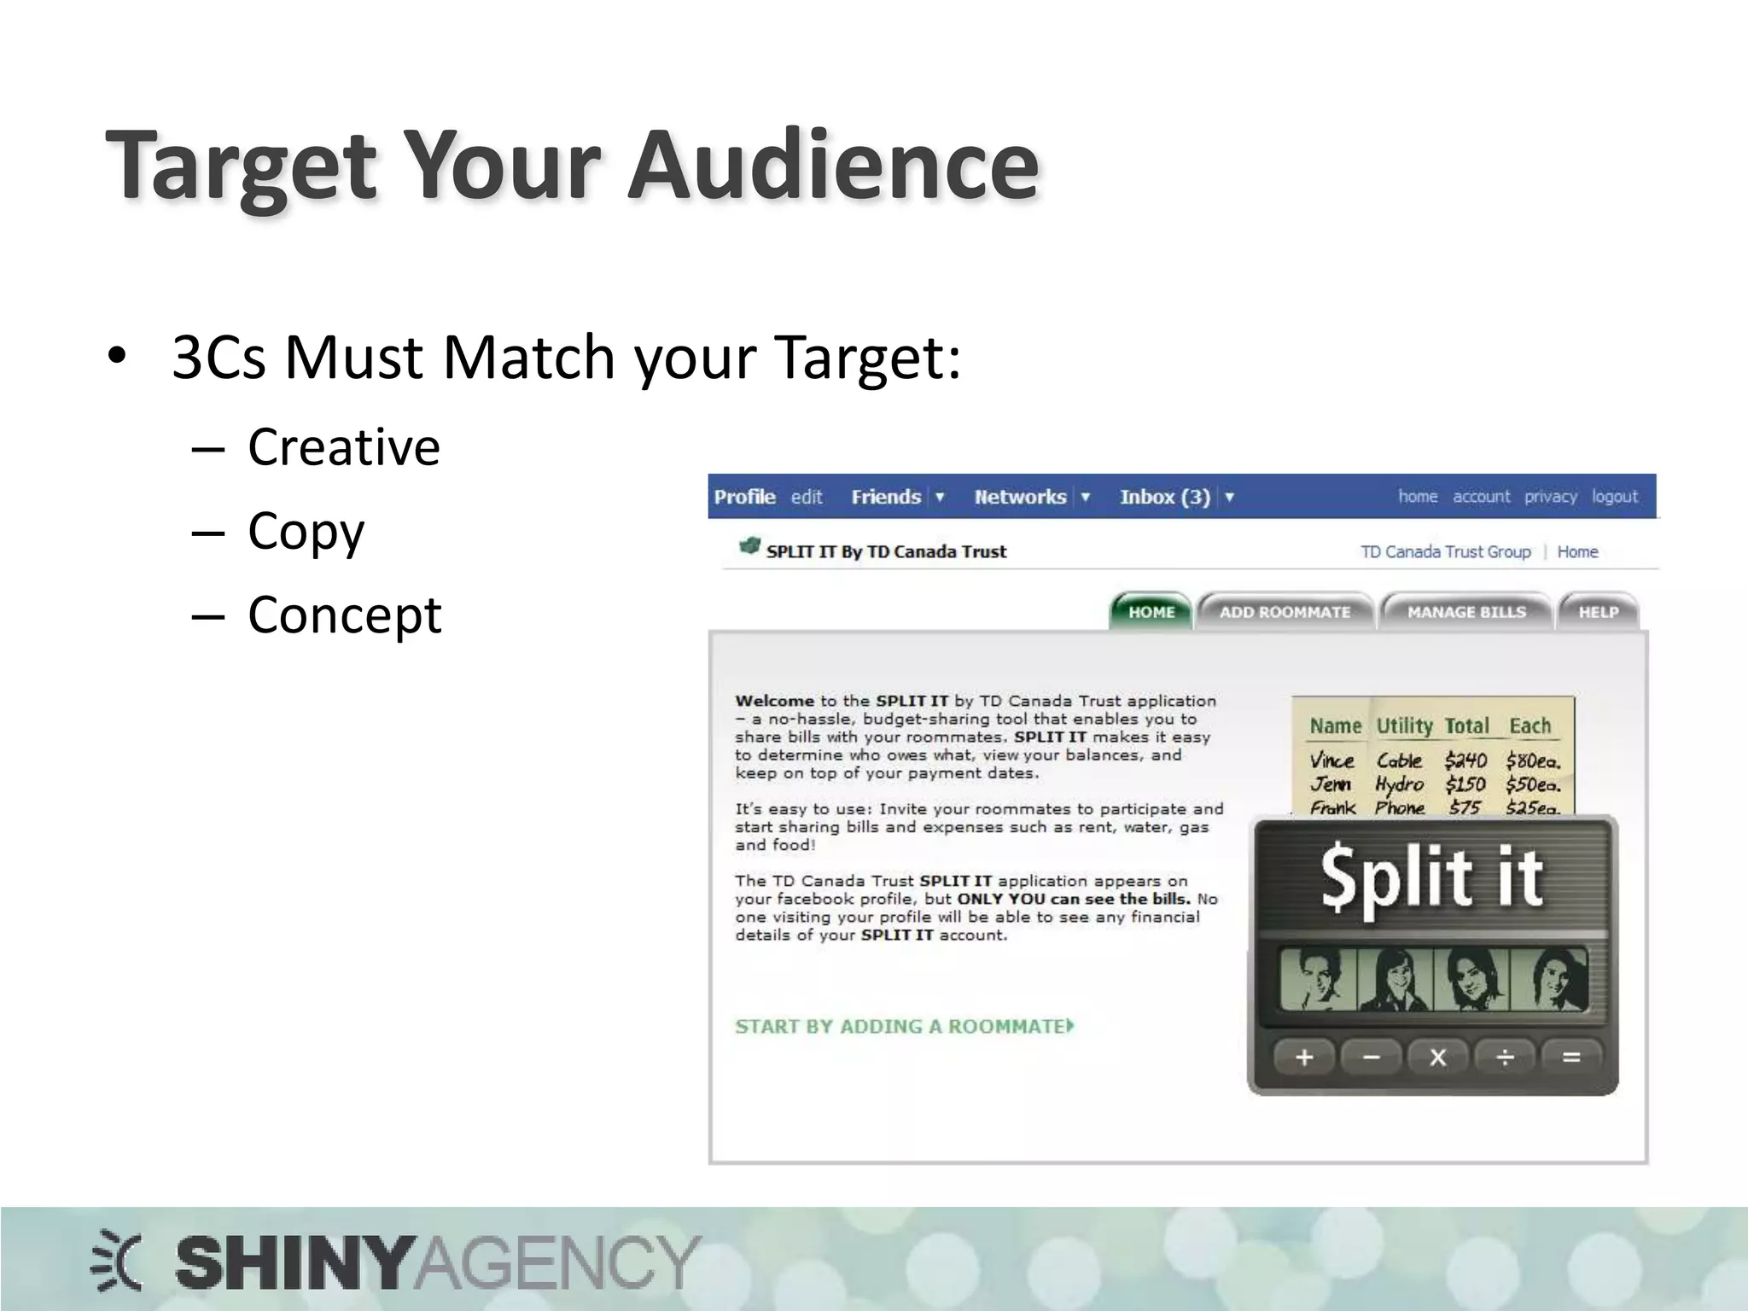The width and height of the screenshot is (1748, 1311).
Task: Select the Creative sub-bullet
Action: click(343, 446)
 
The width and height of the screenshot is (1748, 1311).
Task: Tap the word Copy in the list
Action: click(306, 531)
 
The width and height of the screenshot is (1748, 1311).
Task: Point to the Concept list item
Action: click(344, 615)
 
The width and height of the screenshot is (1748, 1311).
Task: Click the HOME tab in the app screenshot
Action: click(1151, 612)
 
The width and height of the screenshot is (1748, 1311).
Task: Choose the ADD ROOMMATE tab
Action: click(1285, 612)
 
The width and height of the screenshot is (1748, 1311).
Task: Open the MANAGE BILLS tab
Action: click(1466, 612)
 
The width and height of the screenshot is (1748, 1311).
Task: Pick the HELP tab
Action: click(1598, 612)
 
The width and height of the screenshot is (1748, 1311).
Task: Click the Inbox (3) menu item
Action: click(1164, 497)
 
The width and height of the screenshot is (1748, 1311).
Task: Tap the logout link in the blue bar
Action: click(1614, 497)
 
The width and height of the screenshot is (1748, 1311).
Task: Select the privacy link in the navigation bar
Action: click(1550, 497)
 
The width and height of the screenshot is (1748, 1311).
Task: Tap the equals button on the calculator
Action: click(1571, 1058)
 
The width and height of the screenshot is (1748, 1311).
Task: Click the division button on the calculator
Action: click(1505, 1058)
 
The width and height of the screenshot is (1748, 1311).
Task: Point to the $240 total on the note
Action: click(1465, 760)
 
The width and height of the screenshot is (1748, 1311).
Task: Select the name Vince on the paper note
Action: click(1331, 760)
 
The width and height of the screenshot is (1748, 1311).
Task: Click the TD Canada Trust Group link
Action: click(1445, 552)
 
